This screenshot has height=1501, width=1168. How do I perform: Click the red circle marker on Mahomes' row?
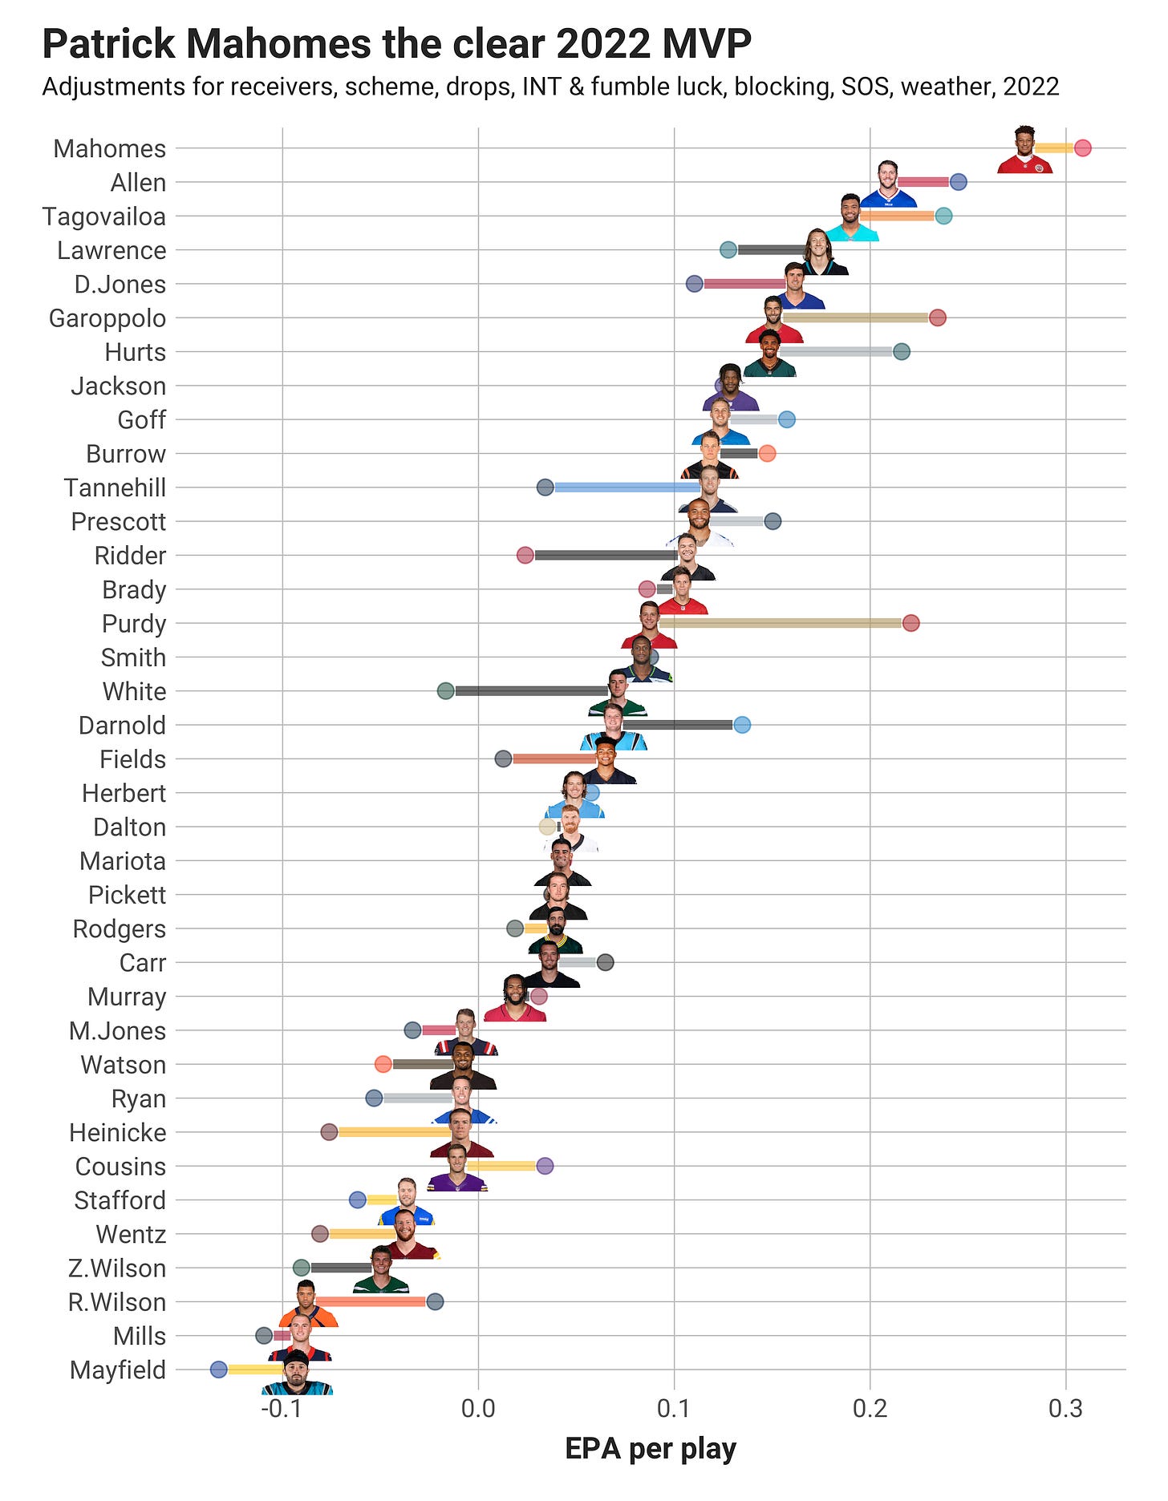pos(1082,148)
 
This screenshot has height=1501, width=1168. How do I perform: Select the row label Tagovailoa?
pos(104,216)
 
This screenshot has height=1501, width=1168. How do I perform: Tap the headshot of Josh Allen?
pos(887,184)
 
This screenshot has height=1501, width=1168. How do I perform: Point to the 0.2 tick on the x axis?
pos(870,1408)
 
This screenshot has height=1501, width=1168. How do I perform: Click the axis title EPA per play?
pos(650,1448)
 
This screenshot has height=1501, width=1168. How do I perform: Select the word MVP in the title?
pos(707,44)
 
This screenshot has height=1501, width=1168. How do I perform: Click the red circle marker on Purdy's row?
pos(910,623)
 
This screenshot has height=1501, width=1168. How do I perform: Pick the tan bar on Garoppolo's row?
pos(855,318)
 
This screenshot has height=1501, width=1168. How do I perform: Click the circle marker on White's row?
pos(446,691)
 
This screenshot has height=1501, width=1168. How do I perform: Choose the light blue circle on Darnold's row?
pos(742,725)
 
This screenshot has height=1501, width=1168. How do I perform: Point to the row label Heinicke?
pos(118,1133)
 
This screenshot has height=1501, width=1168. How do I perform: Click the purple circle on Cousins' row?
pos(545,1166)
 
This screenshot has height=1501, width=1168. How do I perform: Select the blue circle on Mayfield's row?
pos(218,1370)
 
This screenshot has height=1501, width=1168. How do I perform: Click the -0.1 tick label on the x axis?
pos(282,1408)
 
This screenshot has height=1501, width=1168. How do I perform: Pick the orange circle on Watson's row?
pos(383,1064)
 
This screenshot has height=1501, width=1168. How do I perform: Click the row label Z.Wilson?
pos(117,1268)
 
